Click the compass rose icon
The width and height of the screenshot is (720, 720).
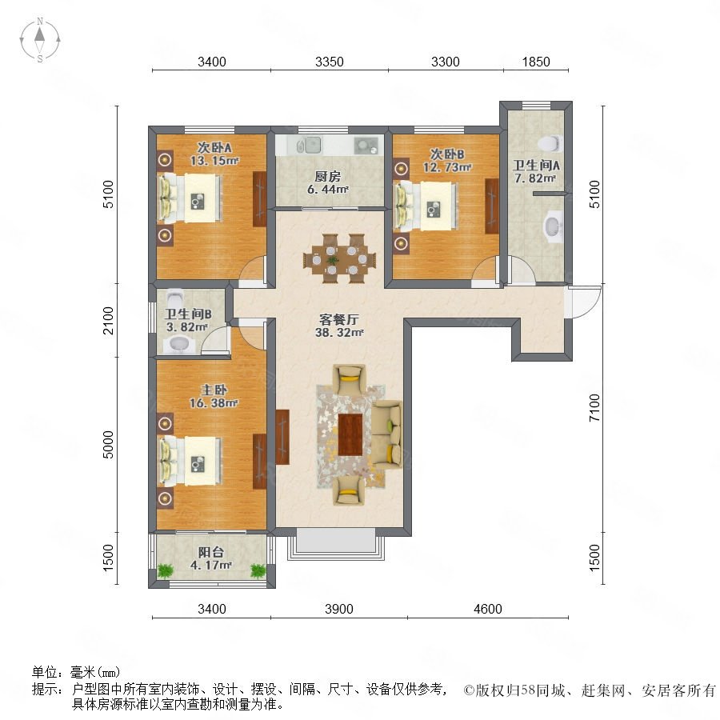40,40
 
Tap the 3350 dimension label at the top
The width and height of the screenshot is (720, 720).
330,62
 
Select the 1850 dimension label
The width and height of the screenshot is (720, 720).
536,62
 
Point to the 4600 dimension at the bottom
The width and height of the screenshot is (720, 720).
488,609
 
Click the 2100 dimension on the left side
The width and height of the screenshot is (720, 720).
108,321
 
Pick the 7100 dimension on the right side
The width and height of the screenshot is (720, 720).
594,408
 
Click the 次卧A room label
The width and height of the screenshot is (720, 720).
214,147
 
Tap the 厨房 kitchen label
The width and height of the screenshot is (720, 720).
327,176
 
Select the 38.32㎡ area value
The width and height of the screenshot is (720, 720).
339,333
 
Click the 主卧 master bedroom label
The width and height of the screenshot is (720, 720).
214,390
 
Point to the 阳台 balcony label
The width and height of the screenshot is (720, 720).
210,552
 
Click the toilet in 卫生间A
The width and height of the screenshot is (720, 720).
550,143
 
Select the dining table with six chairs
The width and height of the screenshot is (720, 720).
339,258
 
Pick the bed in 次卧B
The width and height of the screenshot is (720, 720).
426,206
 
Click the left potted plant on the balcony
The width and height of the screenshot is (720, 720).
166,570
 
